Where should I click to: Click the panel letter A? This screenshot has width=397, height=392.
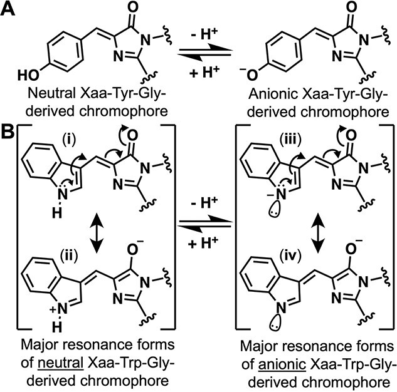8,11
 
